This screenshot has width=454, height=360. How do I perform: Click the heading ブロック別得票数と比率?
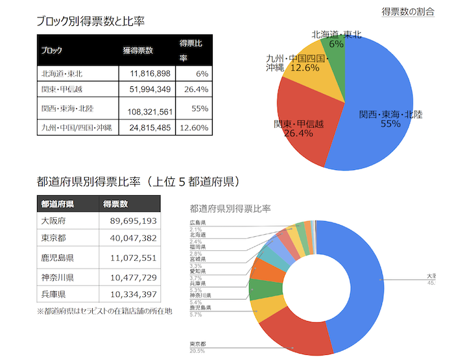coord(90,21)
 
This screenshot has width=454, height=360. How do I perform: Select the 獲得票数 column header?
coord(137,50)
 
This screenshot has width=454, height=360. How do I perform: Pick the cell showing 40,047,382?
coord(130,239)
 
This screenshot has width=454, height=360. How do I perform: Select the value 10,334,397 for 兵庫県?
coord(130,294)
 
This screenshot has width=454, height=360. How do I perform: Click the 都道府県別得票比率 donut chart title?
coord(230,208)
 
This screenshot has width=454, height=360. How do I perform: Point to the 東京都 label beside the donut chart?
coord(197,344)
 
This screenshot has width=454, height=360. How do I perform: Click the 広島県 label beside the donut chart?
coord(197,222)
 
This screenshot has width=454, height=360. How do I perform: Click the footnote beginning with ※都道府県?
coord(104,311)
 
